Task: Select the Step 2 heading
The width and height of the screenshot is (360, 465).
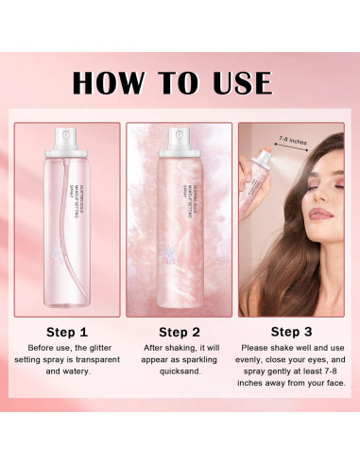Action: coord(179,331)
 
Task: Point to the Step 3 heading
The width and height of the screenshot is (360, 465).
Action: coord(292,331)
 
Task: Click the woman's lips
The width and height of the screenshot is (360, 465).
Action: coord(320,214)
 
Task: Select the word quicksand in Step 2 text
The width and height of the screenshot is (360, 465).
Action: coord(179,386)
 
